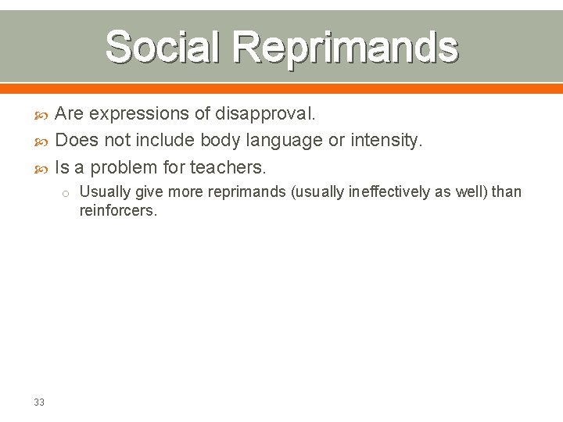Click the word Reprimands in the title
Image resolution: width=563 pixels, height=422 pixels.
345,47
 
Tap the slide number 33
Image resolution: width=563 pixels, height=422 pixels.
39,402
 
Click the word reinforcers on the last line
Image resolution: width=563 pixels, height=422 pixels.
118,210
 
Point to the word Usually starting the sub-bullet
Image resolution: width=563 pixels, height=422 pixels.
103,192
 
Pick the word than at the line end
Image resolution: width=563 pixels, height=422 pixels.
506,192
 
